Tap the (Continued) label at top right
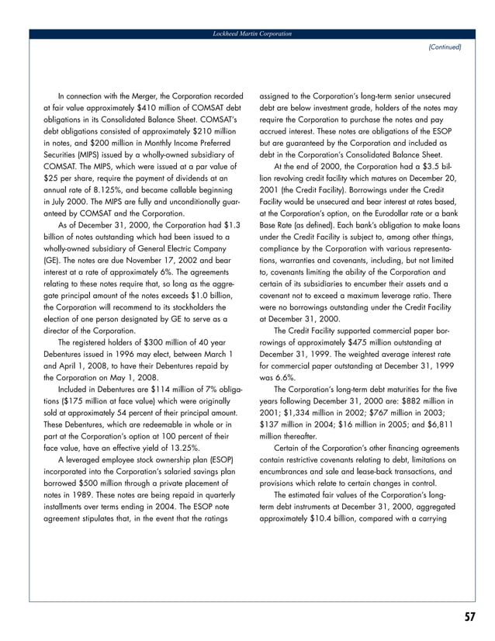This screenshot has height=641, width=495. (x=445, y=47)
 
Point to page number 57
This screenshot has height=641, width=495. (x=469, y=617)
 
